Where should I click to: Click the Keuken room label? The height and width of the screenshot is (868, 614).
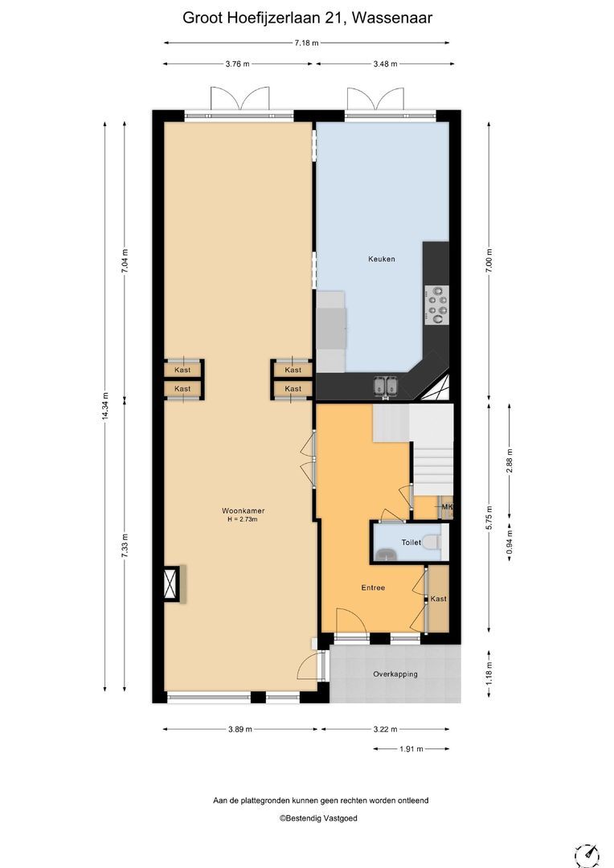point(382,259)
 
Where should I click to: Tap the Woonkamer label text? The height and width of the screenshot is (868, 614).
point(243,511)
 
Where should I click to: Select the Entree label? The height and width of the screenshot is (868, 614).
point(373,588)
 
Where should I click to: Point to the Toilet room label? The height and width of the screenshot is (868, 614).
point(411,542)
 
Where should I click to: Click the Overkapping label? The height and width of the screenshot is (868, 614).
point(395,674)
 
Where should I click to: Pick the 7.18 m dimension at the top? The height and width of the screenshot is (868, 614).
point(307,43)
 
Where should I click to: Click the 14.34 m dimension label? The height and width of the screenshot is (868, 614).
point(105,407)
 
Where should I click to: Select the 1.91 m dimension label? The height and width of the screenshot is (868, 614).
point(411,749)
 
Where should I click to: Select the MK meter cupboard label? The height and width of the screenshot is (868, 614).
point(447,506)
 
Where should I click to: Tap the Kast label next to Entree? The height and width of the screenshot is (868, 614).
point(439,599)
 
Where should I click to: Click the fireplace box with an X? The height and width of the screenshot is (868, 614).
point(171,583)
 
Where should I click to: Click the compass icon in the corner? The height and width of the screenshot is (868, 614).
point(587,855)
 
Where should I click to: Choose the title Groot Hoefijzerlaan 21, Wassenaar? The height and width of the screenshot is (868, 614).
point(307,18)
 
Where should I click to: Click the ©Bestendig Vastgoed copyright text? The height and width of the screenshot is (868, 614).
point(318,818)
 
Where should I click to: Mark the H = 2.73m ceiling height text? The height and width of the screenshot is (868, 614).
point(243,520)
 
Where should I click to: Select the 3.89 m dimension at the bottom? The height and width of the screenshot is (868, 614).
point(239,729)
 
